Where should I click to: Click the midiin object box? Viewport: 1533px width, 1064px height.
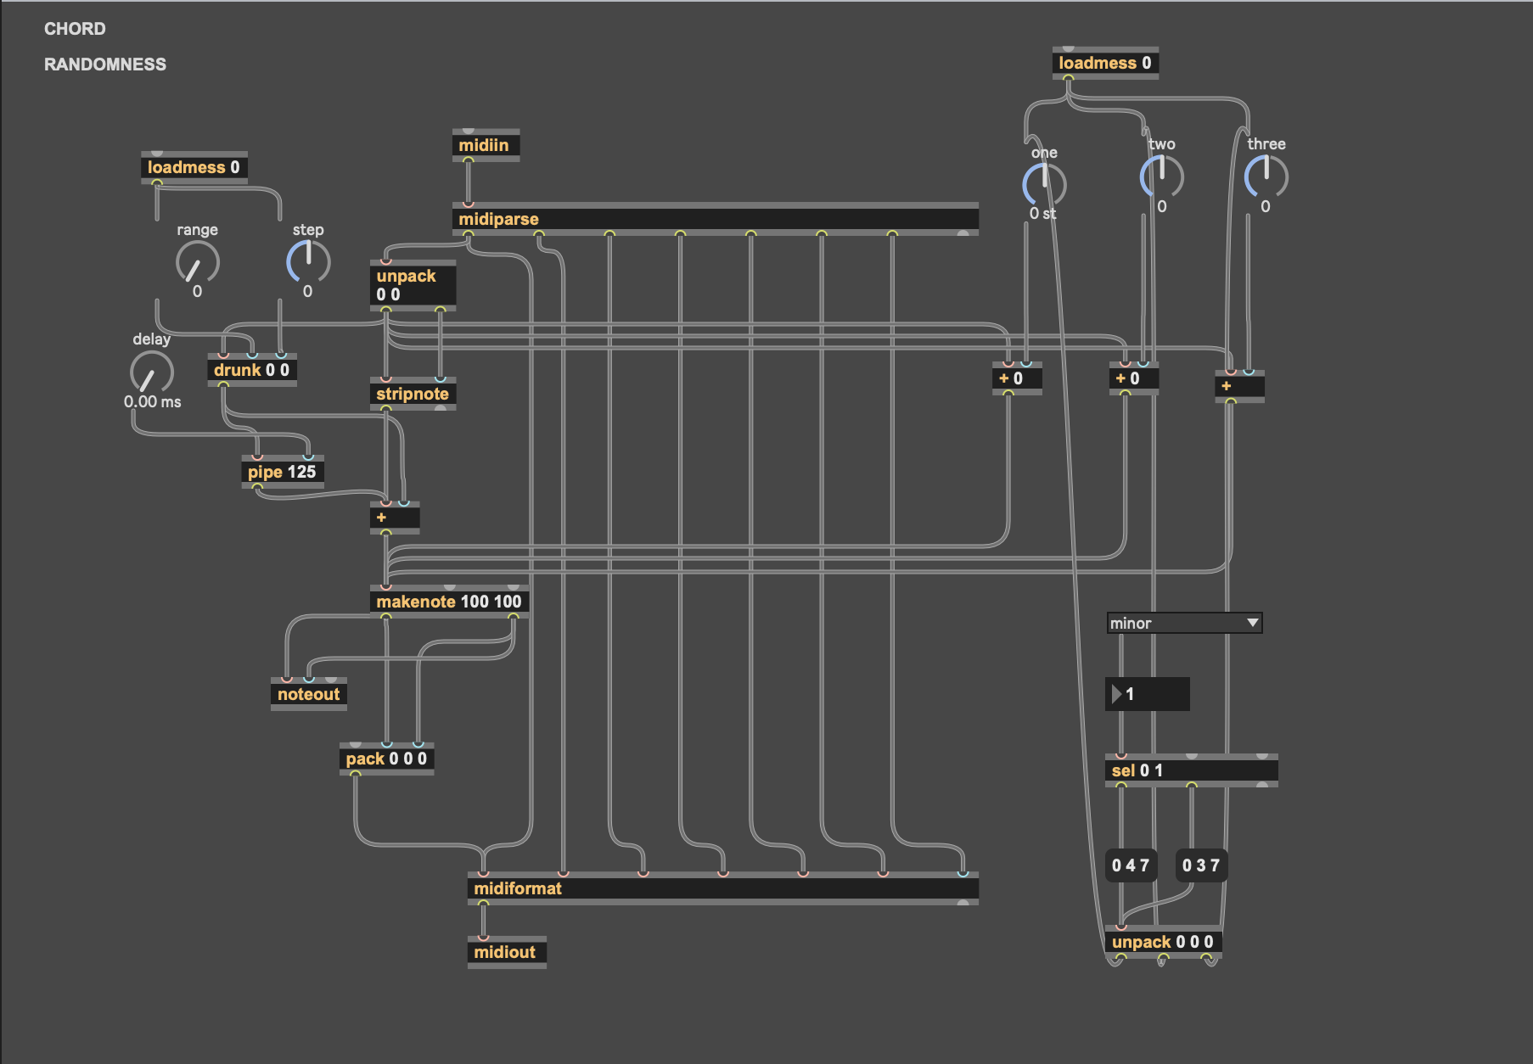click(x=485, y=145)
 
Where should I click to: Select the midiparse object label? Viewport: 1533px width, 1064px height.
click(x=499, y=219)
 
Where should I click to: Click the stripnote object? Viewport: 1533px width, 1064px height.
click(x=413, y=394)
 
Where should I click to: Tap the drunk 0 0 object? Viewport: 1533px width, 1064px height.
click(x=251, y=370)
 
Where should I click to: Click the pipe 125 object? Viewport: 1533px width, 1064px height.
click(x=282, y=472)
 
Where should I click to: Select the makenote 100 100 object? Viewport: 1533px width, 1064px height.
click(x=448, y=602)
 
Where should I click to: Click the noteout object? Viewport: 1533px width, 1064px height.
click(x=308, y=694)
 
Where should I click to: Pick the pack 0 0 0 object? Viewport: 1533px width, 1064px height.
click(x=386, y=759)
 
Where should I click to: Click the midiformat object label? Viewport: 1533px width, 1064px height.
click(x=518, y=888)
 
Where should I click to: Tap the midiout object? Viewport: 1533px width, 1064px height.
click(x=505, y=952)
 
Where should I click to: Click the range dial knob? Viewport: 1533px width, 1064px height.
click(x=198, y=262)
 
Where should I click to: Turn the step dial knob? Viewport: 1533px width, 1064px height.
click(x=308, y=261)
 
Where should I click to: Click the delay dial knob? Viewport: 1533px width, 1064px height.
click(x=152, y=372)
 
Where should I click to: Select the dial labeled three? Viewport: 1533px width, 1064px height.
click(x=1266, y=176)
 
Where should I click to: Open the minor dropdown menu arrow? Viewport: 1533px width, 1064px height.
click(x=1252, y=623)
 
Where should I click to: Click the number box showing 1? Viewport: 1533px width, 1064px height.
click(x=1148, y=694)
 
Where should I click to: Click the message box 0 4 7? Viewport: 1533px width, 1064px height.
click(x=1131, y=865)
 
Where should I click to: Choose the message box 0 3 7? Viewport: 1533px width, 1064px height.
click(x=1201, y=865)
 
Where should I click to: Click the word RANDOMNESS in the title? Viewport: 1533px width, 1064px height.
click(x=105, y=64)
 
